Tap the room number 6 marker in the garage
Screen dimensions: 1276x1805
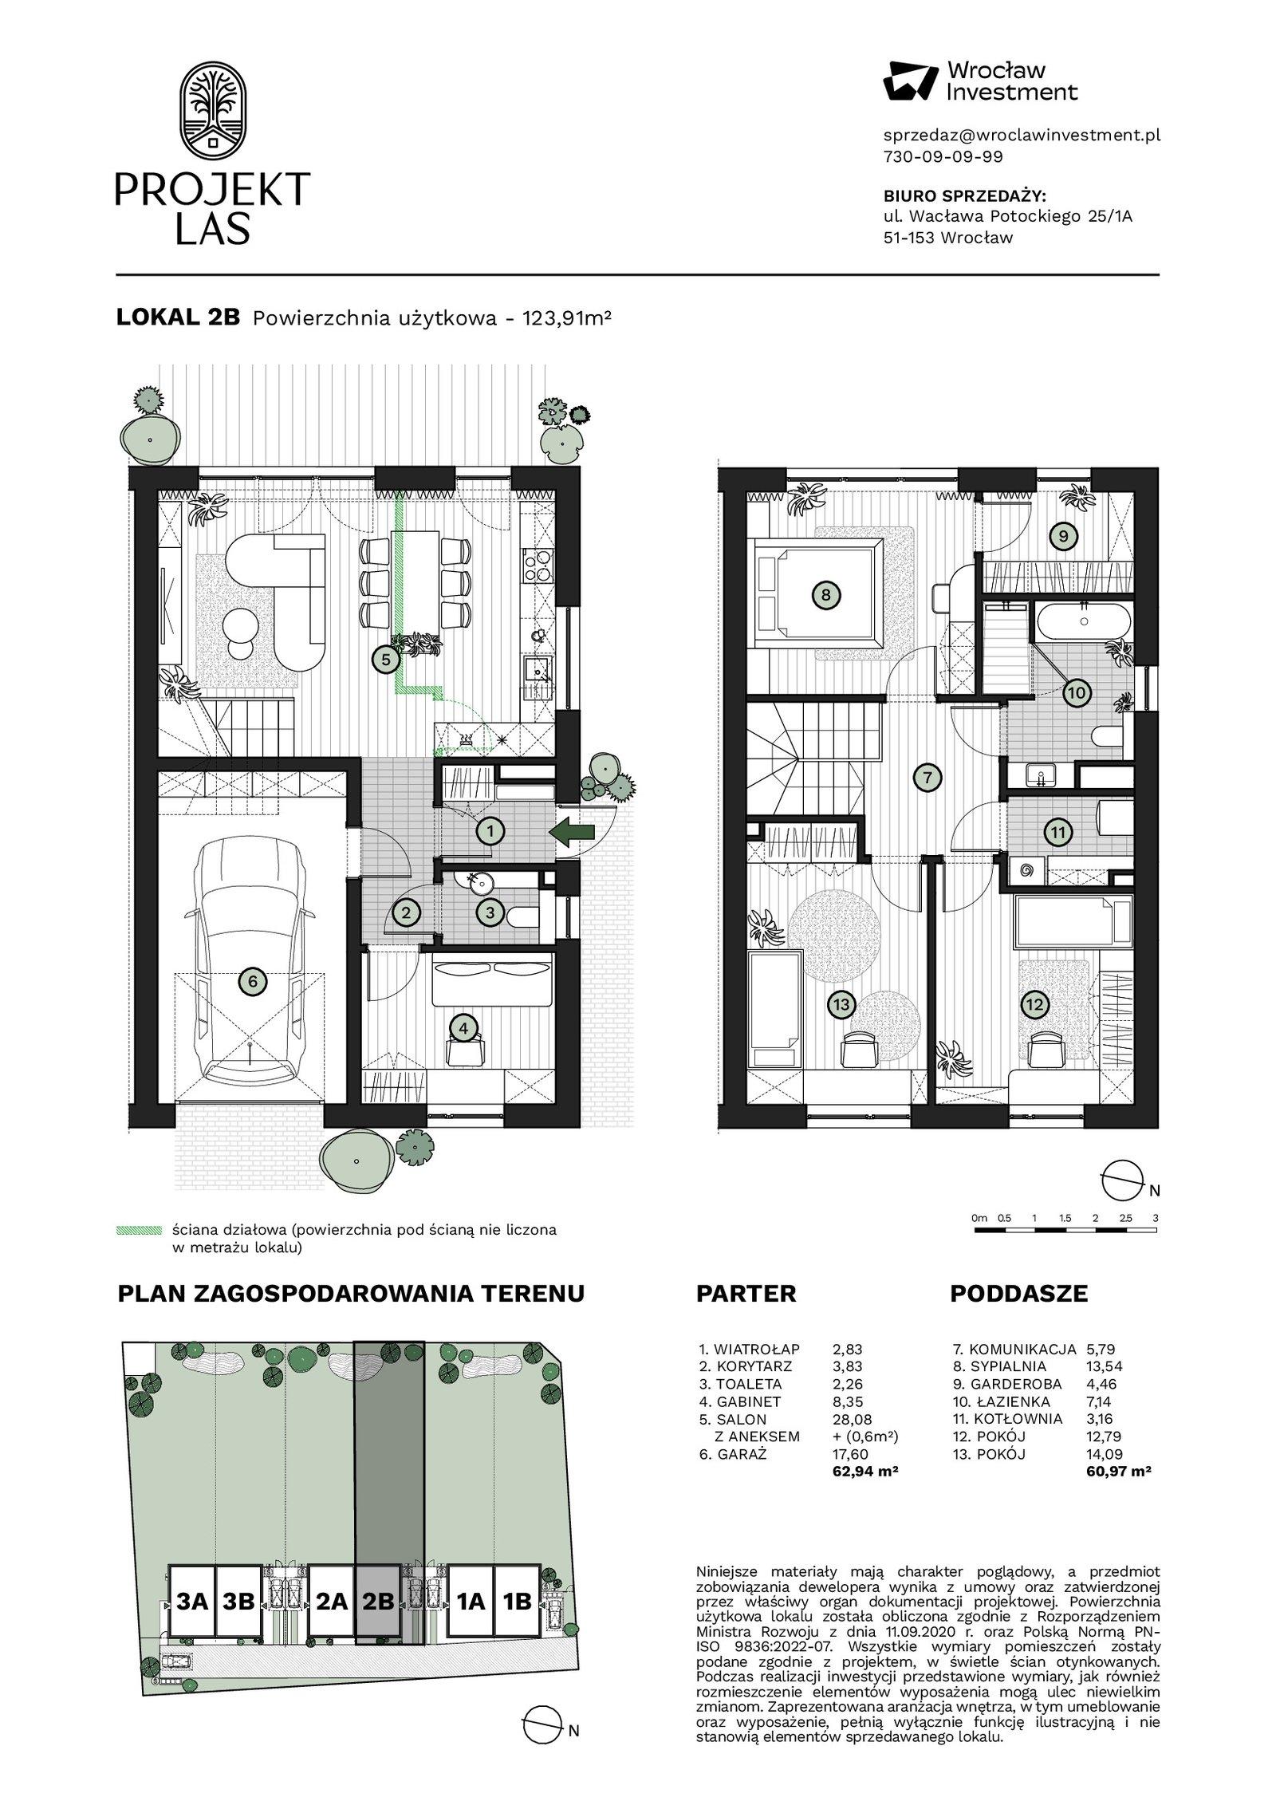pyautogui.click(x=253, y=981)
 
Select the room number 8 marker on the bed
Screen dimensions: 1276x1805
pyautogui.click(x=826, y=594)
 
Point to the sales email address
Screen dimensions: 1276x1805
pyautogui.click(x=1022, y=136)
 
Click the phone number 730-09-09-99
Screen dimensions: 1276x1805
pyautogui.click(x=943, y=157)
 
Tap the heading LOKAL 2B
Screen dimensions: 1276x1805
pyautogui.click(x=178, y=317)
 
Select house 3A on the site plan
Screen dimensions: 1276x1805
pyautogui.click(x=192, y=1602)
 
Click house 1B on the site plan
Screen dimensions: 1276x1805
pyautogui.click(x=518, y=1602)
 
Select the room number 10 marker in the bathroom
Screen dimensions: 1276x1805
pyautogui.click(x=1076, y=693)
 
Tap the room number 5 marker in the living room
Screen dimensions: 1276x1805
pyautogui.click(x=386, y=660)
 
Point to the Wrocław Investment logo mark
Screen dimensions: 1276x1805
pyautogui.click(x=911, y=81)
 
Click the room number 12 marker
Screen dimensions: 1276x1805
pyautogui.click(x=1034, y=1005)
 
